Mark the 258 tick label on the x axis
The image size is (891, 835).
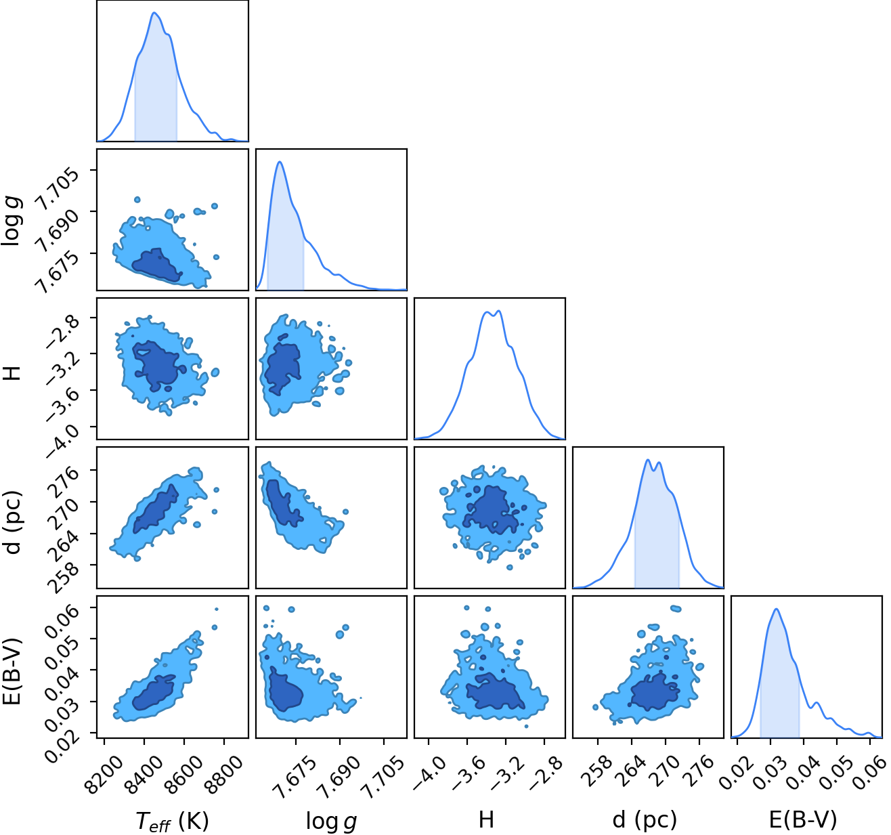[598, 769]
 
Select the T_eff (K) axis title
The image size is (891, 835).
[172, 821]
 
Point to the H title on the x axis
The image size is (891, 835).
[486, 819]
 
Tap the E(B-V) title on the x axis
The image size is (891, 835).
[803, 819]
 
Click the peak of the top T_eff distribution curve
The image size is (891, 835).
[154, 12]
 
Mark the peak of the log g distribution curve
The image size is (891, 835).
[280, 162]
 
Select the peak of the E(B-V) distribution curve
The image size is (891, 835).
[776, 609]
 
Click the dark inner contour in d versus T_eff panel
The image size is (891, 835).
[156, 509]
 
